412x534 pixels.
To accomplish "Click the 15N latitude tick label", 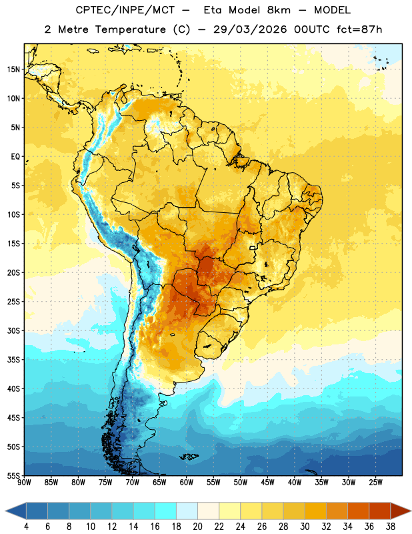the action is pos(13,69).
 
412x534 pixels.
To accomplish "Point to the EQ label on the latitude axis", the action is pos(15,157).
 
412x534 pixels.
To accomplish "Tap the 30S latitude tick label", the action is pos(13,330).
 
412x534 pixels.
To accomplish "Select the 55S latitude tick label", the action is pos(13,475).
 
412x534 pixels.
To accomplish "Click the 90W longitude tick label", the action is pos(24,483).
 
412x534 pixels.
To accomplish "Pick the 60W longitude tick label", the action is pos(187,483).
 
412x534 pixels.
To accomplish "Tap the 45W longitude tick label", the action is pos(267,483).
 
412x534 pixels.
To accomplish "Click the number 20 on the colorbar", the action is pos(197,527).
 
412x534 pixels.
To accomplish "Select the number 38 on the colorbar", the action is pos(391,527).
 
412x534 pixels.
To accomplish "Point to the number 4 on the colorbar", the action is pos(26,527).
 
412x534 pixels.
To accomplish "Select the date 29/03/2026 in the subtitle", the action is pos(250,29).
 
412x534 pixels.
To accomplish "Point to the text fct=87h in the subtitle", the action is pos(359,29).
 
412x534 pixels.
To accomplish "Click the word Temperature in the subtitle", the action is pos(130,29).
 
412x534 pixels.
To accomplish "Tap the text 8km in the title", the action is pos(279,10).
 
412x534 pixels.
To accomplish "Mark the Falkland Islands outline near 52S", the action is pos(189,457).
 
